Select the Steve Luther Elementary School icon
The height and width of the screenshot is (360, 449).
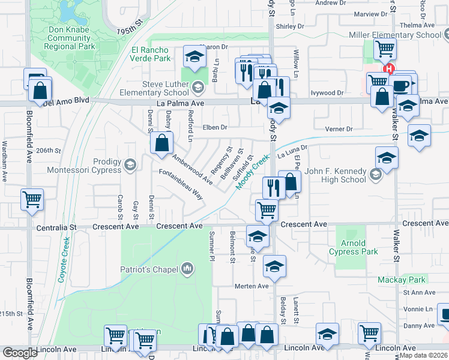[x=196, y=89]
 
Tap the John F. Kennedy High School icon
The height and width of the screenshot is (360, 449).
[x=376, y=175]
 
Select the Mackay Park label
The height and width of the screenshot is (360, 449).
[x=401, y=280]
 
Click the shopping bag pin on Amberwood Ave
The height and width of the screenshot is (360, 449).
[x=161, y=144]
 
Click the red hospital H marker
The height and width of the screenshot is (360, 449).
[x=390, y=69]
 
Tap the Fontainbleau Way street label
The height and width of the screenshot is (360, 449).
[x=181, y=184]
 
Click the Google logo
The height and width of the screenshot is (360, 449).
[x=20, y=353]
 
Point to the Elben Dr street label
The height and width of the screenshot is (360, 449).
[x=215, y=127]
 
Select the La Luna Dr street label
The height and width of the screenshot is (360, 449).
[x=292, y=151]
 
